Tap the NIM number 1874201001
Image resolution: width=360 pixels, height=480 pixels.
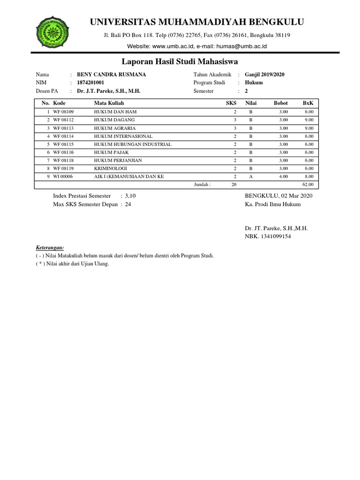[x=90, y=82]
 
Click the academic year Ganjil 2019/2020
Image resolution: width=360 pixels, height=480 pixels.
[x=264, y=75]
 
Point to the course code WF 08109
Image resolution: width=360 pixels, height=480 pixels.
[x=67, y=112]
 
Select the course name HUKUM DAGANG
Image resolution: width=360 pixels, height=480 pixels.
[x=114, y=120]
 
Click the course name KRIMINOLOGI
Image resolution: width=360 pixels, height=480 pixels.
[x=110, y=168]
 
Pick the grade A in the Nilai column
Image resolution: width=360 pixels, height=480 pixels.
[x=251, y=176]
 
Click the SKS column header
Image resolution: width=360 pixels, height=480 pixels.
[x=231, y=103]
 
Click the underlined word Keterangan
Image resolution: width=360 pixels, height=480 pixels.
[x=50, y=247]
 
